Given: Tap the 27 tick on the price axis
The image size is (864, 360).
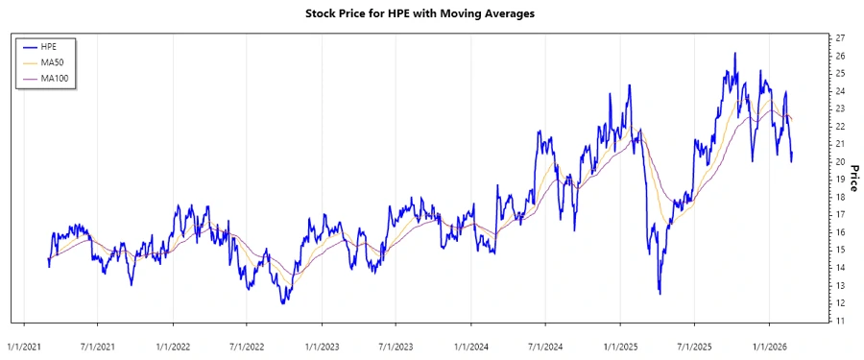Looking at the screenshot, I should [x=840, y=37].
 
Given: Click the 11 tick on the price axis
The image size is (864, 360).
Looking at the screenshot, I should [x=840, y=321].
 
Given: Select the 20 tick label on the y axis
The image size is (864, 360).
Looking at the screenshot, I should [x=840, y=161].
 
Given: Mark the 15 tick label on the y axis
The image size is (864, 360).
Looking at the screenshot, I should [x=840, y=250].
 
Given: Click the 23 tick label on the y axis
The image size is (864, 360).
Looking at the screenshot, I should [x=840, y=108].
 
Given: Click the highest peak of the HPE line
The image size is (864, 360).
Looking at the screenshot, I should [x=734, y=54].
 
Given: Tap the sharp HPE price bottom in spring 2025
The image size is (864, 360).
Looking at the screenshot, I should [x=660, y=293].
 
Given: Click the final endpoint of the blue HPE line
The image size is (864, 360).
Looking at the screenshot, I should [x=792, y=156].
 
